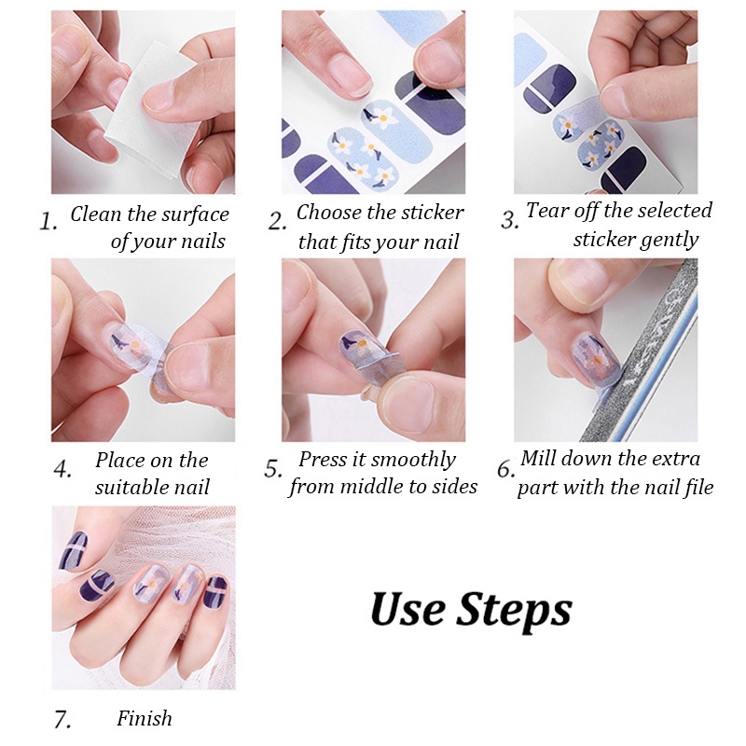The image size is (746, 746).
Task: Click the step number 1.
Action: [x=48, y=222]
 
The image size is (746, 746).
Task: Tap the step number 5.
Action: [x=273, y=469]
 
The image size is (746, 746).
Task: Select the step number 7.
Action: [x=62, y=719]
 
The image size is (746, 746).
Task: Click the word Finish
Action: [x=145, y=718]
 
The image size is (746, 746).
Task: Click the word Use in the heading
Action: [x=408, y=608]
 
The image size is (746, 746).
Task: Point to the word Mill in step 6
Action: [x=534, y=458]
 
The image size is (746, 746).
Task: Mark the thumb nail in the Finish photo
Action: [x=73, y=551]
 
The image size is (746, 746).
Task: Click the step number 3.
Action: [x=509, y=220]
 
